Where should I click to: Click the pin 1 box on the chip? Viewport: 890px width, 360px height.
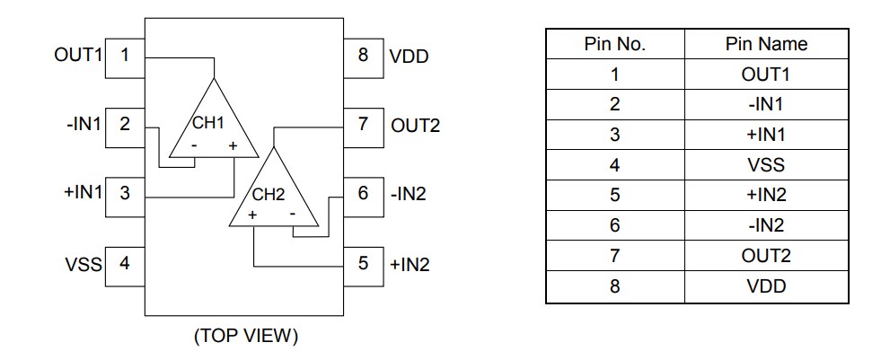pyautogui.click(x=126, y=54)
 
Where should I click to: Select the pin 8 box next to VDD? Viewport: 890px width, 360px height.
pyautogui.click(x=363, y=54)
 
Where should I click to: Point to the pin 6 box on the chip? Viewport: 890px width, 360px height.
pyautogui.click(x=363, y=193)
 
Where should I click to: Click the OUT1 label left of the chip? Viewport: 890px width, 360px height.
pyautogui.click(x=78, y=54)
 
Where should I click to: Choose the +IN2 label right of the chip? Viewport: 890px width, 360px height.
pyautogui.click(x=410, y=264)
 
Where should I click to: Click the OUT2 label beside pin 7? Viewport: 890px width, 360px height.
pyautogui.click(x=415, y=125)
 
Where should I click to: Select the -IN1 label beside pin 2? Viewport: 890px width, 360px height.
pyautogui.click(x=84, y=124)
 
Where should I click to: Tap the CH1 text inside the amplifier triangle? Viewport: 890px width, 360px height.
pyautogui.click(x=207, y=122)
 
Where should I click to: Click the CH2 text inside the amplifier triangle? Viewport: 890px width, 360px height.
pyautogui.click(x=268, y=193)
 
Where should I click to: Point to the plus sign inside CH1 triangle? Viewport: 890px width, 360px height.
pyautogui.click(x=233, y=145)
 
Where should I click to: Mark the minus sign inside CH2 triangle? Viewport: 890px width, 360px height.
pyautogui.click(x=292, y=215)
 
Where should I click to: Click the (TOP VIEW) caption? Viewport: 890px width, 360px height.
pyautogui.click(x=245, y=337)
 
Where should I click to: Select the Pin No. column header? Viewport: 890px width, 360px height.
pyautogui.click(x=614, y=44)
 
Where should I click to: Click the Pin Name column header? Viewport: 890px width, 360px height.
pyautogui.click(x=766, y=44)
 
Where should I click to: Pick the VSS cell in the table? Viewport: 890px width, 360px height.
pyautogui.click(x=766, y=166)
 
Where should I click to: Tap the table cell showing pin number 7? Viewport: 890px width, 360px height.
pyautogui.click(x=614, y=257)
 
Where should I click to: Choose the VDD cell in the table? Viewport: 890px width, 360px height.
pyautogui.click(x=766, y=287)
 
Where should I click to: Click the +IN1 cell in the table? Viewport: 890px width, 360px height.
pyautogui.click(x=766, y=136)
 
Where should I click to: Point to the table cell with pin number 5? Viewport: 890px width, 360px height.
pyautogui.click(x=614, y=196)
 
